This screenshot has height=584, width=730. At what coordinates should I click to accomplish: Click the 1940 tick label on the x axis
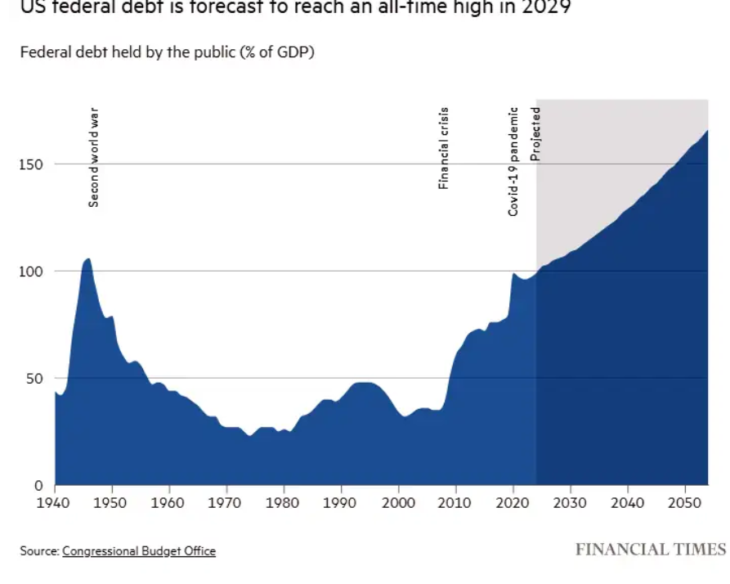pos(55,501)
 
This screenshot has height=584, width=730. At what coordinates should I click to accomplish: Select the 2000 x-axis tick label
pos(398,501)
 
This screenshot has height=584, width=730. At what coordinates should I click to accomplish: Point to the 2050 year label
pos(683,501)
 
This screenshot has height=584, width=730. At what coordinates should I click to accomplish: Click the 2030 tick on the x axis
pos(570,501)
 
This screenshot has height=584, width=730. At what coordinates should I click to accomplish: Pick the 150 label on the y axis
pos(30,164)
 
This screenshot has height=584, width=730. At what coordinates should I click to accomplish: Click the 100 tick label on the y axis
pos(30,272)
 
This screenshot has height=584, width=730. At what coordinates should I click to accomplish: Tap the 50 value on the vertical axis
pos(34,379)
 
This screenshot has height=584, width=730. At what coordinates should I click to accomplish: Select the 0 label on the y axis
pos(38,486)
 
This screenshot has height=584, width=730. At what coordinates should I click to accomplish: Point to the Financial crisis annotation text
pos(444,148)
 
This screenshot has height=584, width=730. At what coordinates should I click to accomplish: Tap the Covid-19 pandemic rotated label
pos(513,161)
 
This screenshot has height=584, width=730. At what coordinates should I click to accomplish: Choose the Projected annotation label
pos(536,133)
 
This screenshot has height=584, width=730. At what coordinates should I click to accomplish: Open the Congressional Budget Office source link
pos(139,551)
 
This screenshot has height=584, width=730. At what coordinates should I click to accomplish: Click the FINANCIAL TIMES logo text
pos(651,549)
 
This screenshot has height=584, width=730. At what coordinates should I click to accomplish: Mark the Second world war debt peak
pos(87,259)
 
